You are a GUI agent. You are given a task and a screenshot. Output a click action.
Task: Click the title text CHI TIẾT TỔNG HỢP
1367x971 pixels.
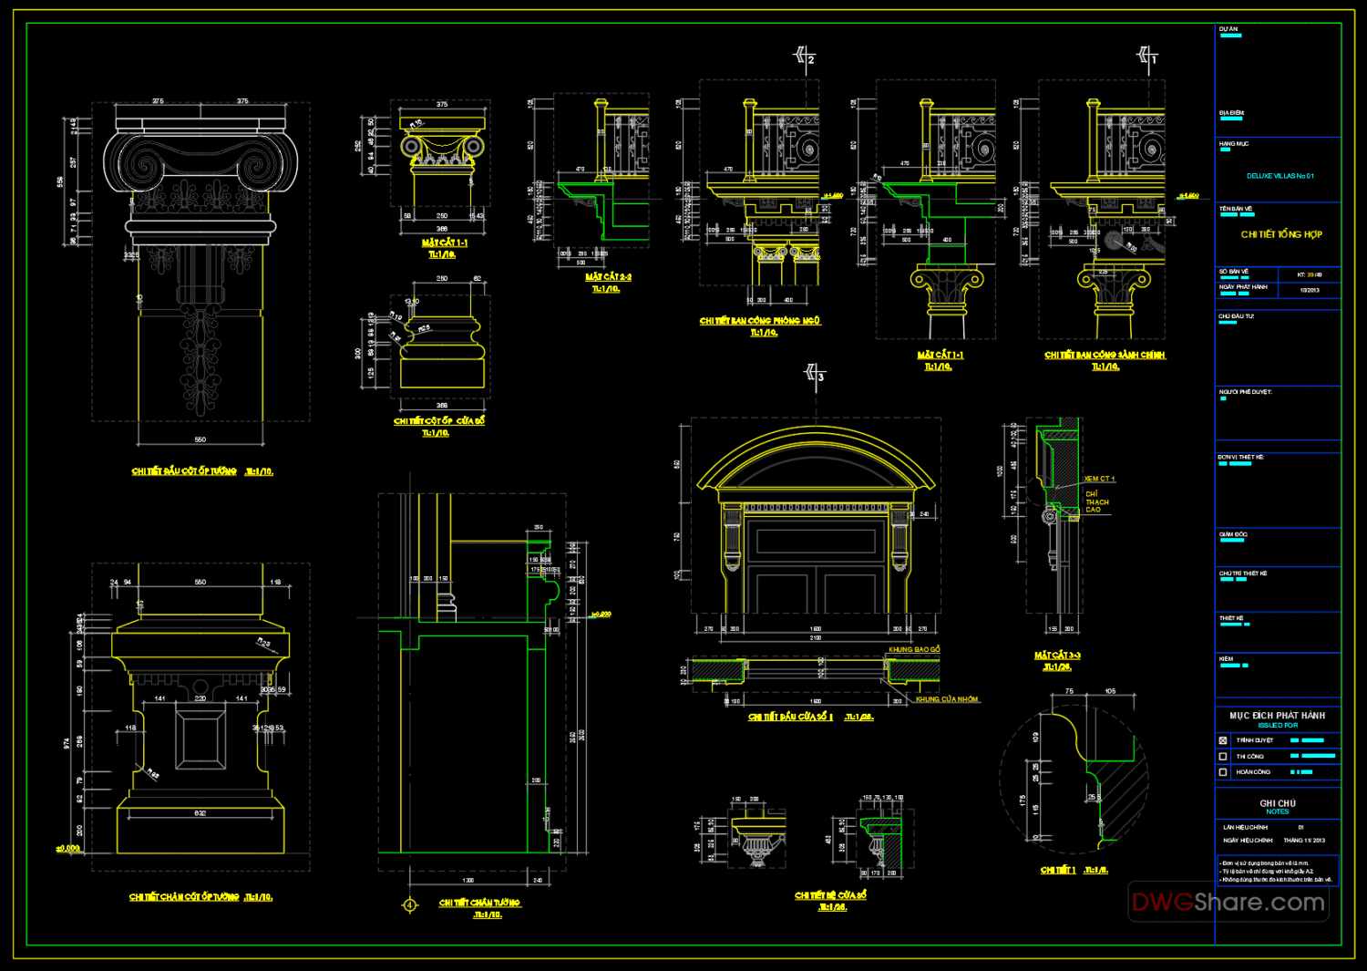coord(1280,234)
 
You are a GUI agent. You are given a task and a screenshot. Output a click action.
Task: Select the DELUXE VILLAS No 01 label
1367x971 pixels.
coord(1280,176)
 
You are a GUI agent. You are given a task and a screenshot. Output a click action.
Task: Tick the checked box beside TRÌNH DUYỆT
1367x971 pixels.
coord(1223,740)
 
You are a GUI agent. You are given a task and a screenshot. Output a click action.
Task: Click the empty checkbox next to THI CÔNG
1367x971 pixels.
coord(1223,757)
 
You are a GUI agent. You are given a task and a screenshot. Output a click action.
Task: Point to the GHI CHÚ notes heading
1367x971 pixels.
coord(1277,803)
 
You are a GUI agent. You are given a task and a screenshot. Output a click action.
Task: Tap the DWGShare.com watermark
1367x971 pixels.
coord(1228,903)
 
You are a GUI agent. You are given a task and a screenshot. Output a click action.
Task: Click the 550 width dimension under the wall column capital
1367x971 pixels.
coord(200,439)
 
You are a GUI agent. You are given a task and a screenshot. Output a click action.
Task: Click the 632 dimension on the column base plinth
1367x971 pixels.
coord(200,813)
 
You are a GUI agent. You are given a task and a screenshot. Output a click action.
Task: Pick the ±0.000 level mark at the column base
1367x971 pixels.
coord(68,849)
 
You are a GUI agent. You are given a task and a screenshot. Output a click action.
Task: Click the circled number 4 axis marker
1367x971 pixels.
coord(410,905)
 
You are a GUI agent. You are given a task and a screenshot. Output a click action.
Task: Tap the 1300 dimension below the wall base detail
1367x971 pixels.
coord(468,881)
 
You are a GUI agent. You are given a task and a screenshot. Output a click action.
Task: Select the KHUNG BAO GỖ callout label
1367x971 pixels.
coord(914,650)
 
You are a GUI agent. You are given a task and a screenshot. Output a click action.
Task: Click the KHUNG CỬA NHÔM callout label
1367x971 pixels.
coord(947,699)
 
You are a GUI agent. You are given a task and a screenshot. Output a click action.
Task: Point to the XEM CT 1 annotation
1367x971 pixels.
coord(1099,479)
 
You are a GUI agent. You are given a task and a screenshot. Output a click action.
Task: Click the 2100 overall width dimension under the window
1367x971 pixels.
coord(816,638)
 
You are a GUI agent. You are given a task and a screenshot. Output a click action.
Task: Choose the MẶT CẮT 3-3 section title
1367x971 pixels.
coord(1057,656)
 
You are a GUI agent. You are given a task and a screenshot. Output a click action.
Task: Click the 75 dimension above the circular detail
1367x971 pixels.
coord(1069,691)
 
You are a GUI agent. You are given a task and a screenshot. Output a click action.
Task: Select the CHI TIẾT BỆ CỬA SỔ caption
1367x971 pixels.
coord(830,895)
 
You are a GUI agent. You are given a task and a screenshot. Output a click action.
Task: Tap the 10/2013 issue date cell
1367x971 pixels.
coord(1310,290)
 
